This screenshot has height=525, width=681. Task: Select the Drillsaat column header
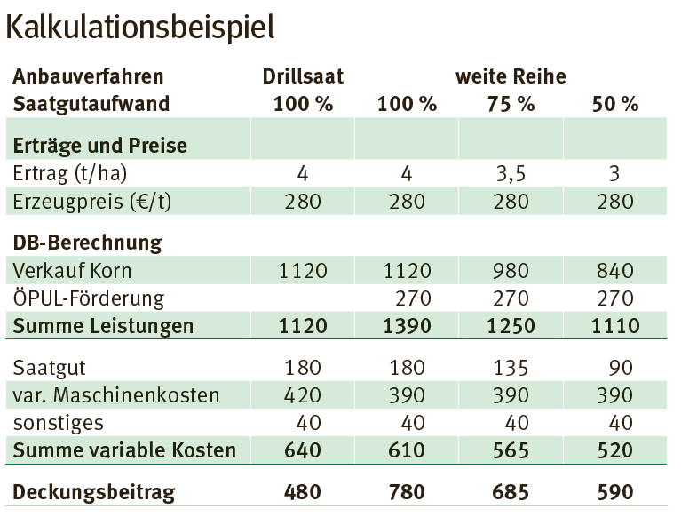303,76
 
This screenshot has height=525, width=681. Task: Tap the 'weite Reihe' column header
511,76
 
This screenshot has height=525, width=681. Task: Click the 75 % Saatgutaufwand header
511,103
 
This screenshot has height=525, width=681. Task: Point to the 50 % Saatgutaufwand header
615,103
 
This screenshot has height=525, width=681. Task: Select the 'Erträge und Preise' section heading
99,144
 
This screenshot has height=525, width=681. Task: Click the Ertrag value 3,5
511,173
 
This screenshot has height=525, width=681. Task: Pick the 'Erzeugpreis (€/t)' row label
92,201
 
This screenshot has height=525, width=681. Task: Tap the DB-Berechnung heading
86,242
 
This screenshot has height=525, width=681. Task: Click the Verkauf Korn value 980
511,271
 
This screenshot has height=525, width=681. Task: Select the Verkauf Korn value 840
615,271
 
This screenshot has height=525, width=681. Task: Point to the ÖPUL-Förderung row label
89,298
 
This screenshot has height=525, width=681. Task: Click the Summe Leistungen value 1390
407,326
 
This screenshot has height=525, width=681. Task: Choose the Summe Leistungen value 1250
511,326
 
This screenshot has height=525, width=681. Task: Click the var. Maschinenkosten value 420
303,394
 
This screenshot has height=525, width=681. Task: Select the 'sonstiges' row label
59,422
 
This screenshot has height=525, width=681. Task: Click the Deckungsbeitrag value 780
407,491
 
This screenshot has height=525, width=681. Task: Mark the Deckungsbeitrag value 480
303,491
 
